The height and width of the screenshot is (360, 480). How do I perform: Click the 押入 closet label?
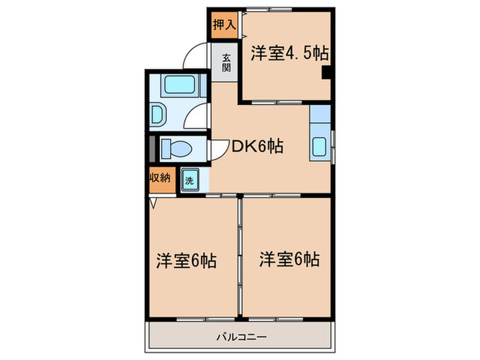click(224, 26)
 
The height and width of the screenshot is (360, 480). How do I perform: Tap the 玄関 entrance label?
click(225, 63)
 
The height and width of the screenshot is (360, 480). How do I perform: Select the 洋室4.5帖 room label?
click(288, 53)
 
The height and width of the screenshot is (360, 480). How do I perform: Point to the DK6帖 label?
click(256, 145)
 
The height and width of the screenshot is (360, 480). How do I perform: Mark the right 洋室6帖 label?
click(289, 259)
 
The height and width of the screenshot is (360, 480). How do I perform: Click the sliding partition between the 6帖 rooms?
click(240, 257)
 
